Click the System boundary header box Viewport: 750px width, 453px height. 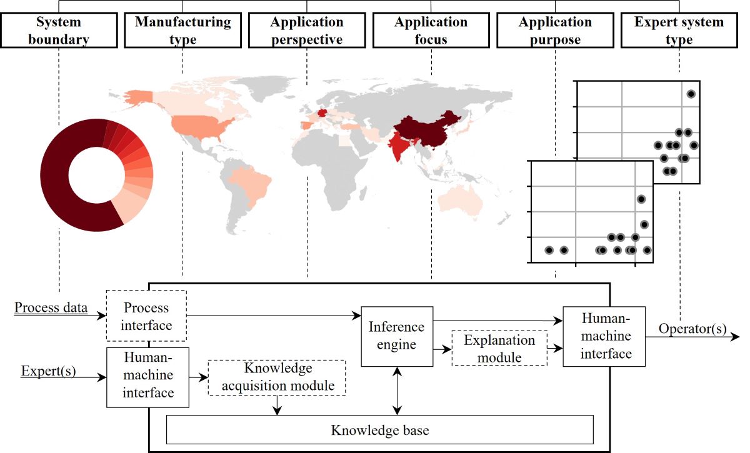coord(58,31)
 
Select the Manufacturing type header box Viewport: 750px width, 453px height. coord(182,31)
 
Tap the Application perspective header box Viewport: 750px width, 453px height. coord(307,31)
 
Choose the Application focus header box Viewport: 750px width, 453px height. coord(431,31)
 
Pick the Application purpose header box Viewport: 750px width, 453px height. coord(555,31)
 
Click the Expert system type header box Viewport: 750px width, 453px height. coord(679,31)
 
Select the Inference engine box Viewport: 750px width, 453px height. coord(397,336)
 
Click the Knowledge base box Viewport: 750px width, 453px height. coord(379,430)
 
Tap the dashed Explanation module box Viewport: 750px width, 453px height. coord(499,349)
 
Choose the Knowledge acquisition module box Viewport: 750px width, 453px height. coord(277,377)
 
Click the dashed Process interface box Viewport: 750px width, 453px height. coord(146,316)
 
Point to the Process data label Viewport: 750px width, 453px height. coord(51,308)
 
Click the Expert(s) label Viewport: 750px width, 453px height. coord(48,372)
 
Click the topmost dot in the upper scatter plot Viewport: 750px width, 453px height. coord(691,94)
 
